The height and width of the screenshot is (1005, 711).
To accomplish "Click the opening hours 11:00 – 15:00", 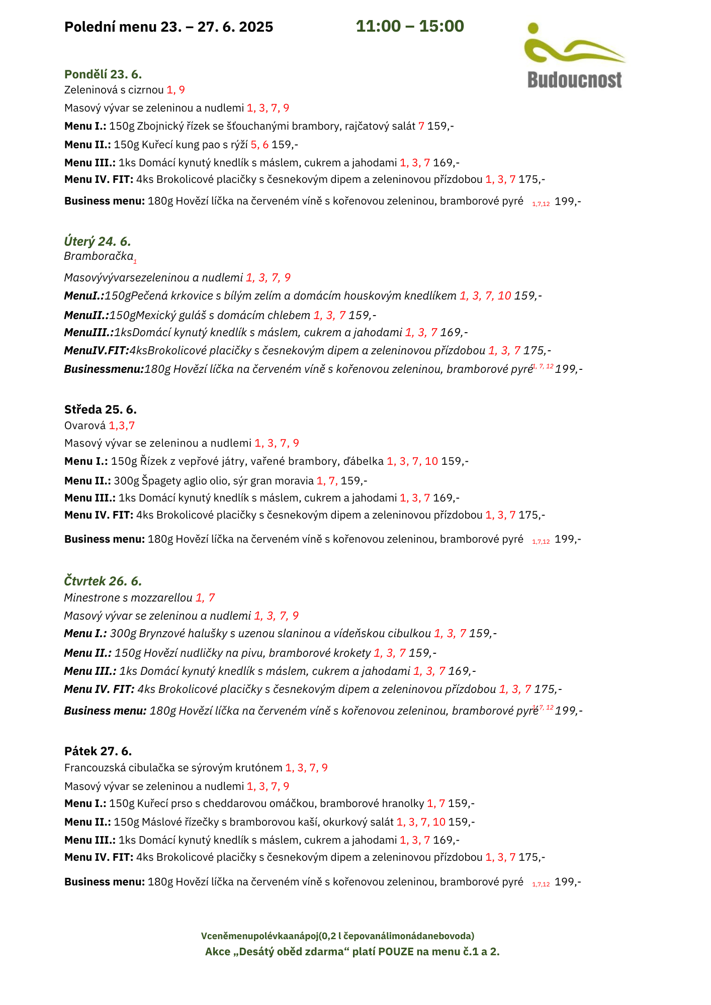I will tap(410, 26).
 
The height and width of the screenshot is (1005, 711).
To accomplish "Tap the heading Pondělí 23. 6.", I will tap(103, 74).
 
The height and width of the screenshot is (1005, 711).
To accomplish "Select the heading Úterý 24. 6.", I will tap(98, 241).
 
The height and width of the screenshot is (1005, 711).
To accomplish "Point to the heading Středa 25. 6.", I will tap(101, 409).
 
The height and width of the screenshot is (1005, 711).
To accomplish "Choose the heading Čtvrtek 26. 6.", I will tap(103, 581).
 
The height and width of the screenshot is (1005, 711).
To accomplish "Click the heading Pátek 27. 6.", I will tap(98, 751).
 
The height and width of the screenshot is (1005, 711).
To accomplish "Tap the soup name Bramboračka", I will tap(99, 256).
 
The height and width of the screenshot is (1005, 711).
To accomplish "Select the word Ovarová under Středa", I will tap(85, 426).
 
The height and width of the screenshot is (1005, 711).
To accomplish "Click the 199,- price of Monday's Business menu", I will tap(568, 202).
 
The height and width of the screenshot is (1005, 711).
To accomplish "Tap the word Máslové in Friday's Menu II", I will tap(159, 822).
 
